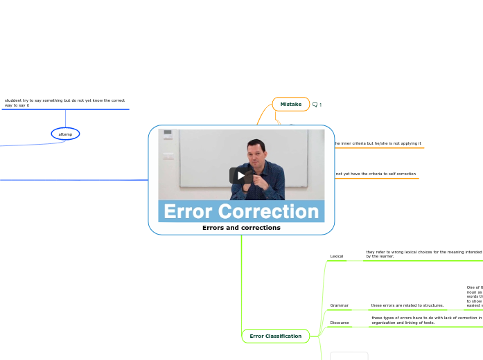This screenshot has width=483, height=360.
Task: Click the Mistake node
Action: [290, 104]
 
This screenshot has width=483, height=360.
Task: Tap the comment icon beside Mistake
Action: [315, 105]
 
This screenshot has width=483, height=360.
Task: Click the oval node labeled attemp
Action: [65, 134]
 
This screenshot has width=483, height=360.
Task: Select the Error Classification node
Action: [275, 336]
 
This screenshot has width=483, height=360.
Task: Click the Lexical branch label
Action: [337, 256]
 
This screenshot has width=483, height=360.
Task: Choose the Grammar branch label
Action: [339, 305]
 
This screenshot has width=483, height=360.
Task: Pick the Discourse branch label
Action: [340, 323]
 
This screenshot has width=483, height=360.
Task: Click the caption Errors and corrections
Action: [241, 227]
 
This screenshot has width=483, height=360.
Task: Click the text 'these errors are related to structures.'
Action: [407, 305]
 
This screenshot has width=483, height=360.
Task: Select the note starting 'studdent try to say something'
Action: [64, 102]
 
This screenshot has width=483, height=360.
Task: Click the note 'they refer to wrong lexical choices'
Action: [423, 254]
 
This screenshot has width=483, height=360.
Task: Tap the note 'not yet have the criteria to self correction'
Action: [376, 174]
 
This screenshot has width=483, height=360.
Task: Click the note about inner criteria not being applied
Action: [378, 143]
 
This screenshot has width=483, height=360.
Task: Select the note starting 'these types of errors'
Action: [426, 320]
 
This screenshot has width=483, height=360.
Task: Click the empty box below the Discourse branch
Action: [349, 355]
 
